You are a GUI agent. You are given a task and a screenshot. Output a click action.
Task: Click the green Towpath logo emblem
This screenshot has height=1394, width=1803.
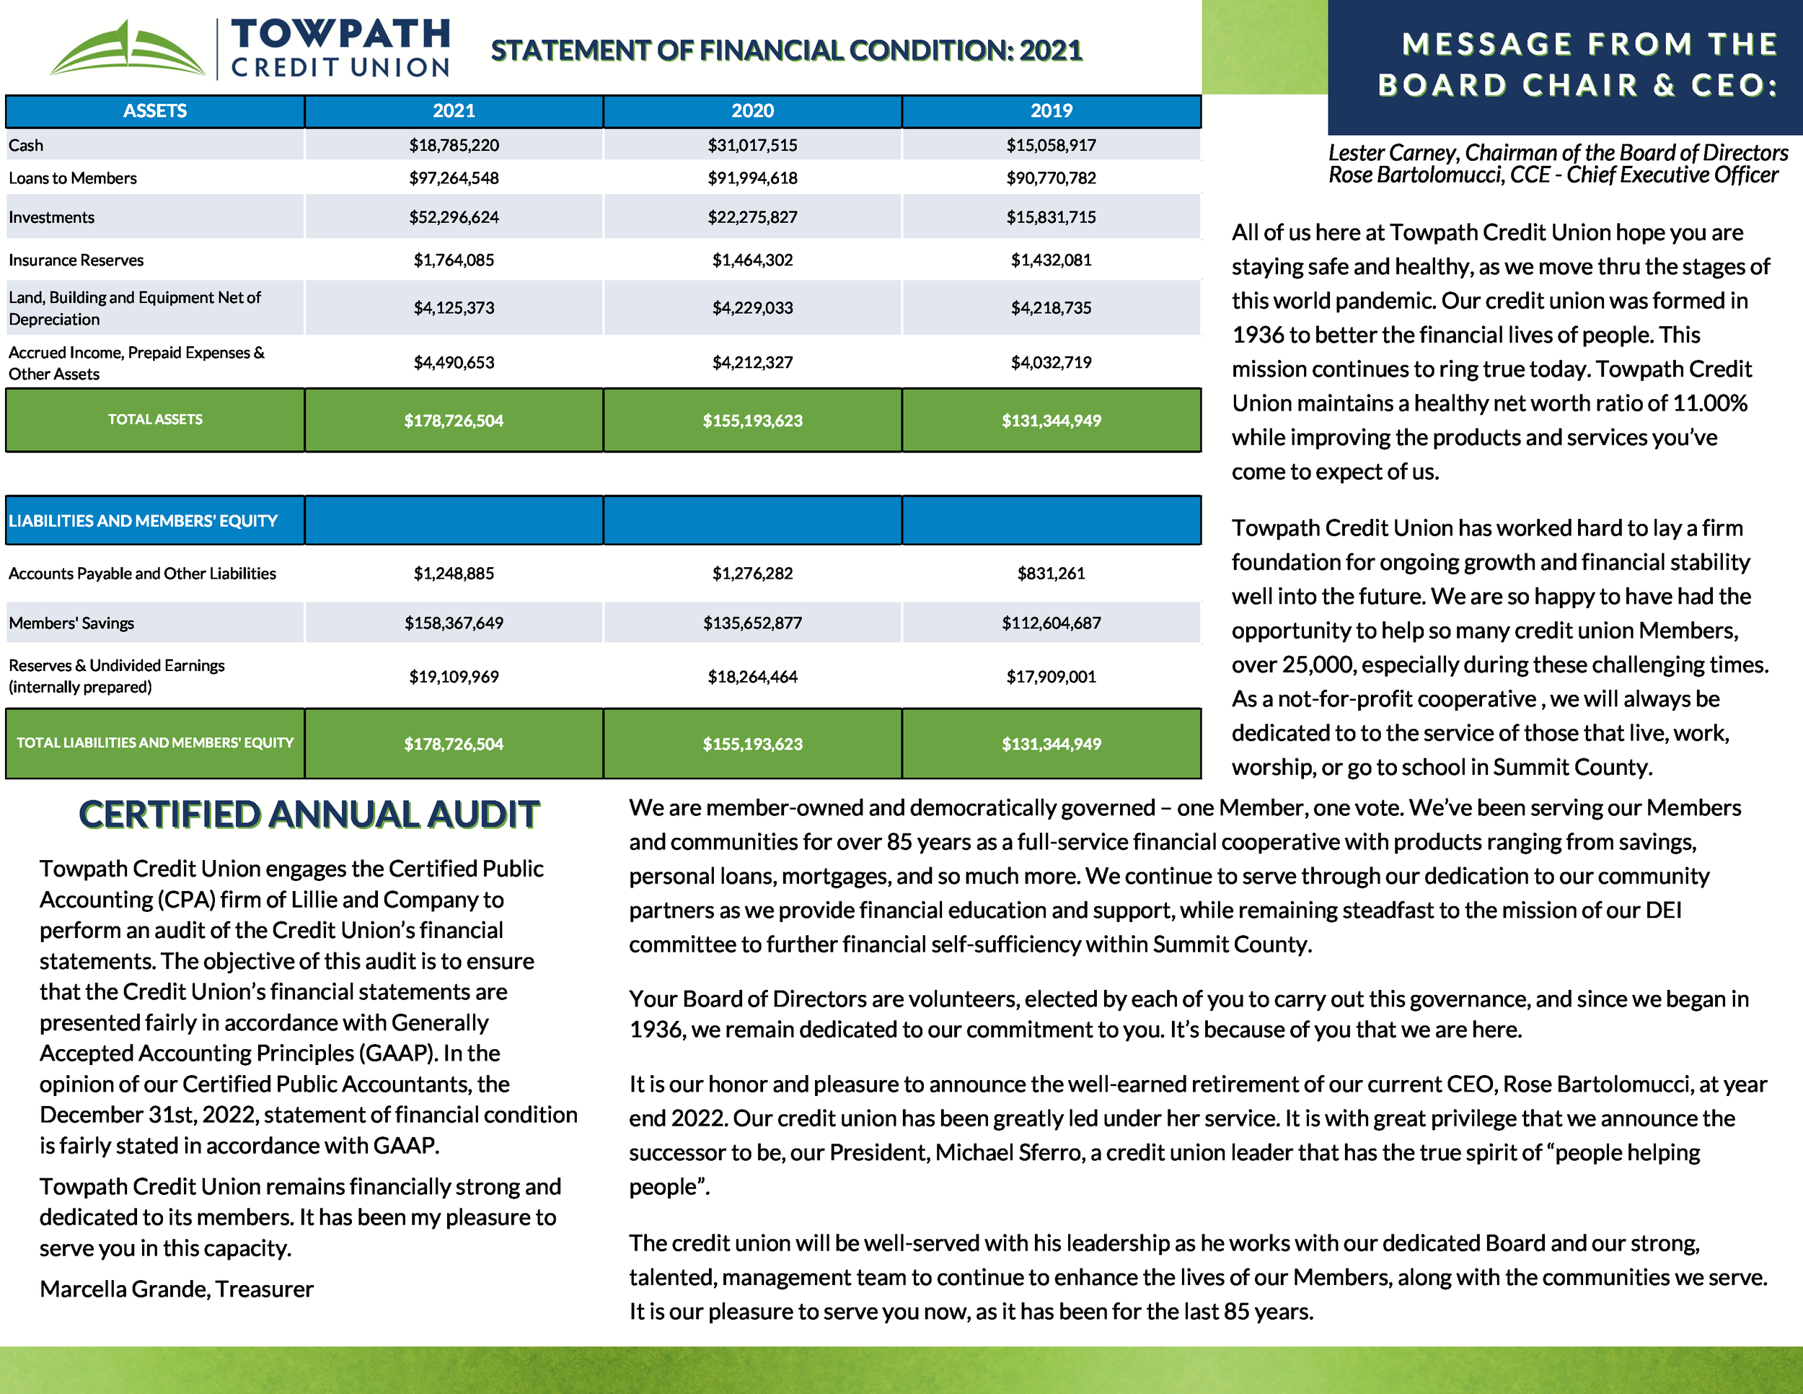128,51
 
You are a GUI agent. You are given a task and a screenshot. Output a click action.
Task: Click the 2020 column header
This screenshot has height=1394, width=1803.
752,110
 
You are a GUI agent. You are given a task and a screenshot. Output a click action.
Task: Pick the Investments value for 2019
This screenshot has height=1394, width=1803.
1050,217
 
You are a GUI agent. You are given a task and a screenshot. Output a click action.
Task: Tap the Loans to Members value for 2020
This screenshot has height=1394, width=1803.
752,178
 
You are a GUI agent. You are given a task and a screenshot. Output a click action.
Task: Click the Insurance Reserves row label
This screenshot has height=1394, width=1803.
76,260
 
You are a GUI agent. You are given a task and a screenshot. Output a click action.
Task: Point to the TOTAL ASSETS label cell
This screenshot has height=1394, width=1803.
155,419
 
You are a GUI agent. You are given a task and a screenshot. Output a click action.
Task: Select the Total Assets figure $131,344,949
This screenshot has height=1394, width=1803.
1050,421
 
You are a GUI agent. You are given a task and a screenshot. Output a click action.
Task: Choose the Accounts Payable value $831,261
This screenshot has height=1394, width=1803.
1050,573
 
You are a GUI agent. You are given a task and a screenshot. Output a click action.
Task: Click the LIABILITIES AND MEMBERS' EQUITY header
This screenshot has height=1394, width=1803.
143,521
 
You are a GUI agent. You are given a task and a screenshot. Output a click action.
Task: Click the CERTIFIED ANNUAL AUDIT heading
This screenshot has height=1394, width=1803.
309,815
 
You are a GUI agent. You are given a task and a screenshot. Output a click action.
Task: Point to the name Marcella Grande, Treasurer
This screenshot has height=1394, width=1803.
176,1289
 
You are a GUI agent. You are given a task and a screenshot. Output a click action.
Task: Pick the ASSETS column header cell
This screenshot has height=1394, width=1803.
155,110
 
